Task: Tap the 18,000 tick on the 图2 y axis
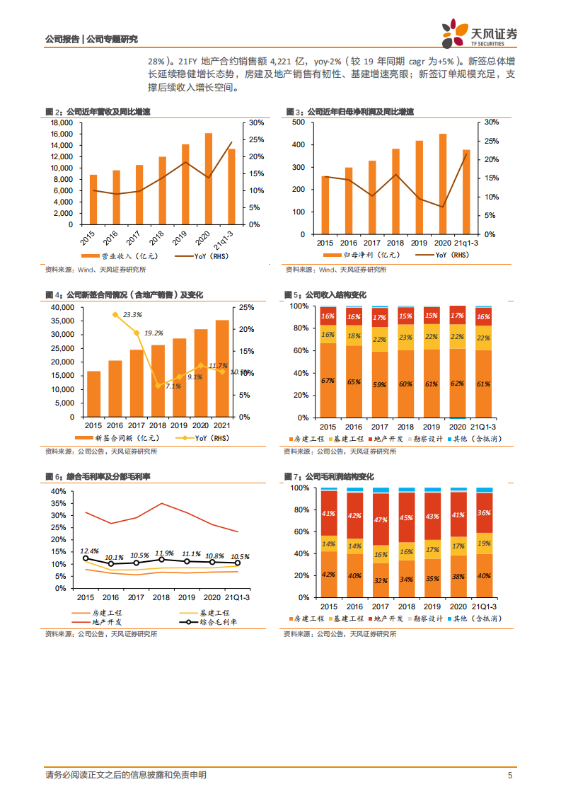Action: click(x=62, y=122)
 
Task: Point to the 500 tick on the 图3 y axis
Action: click(x=299, y=122)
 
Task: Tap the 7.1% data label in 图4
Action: click(x=173, y=386)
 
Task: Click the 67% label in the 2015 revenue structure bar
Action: click(x=328, y=381)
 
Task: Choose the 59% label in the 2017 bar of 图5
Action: click(x=379, y=385)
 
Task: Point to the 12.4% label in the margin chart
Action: click(x=88, y=551)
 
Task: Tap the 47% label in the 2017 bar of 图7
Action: click(x=380, y=519)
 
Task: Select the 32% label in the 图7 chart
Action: click(x=380, y=581)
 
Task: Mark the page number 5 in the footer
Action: click(x=510, y=776)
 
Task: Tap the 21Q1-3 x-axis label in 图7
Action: click(x=484, y=606)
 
